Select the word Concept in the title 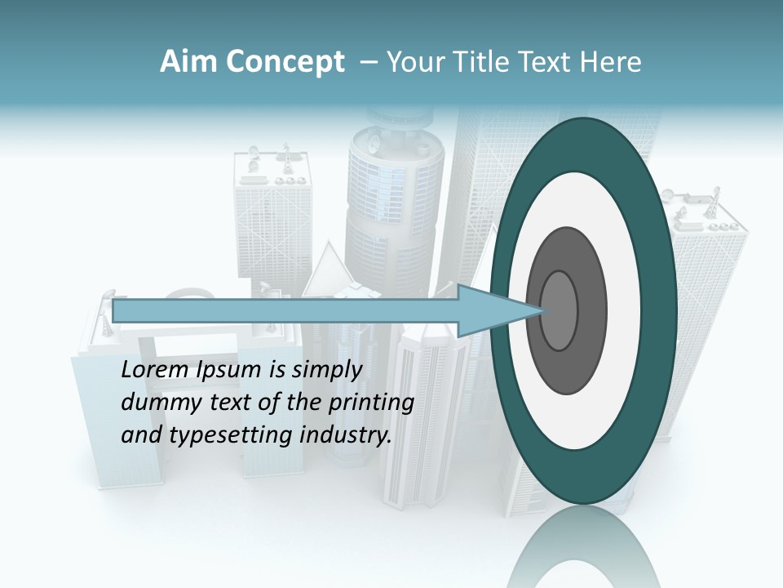click(x=284, y=62)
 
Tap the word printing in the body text click(x=370, y=403)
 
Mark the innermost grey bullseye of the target click(x=559, y=310)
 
